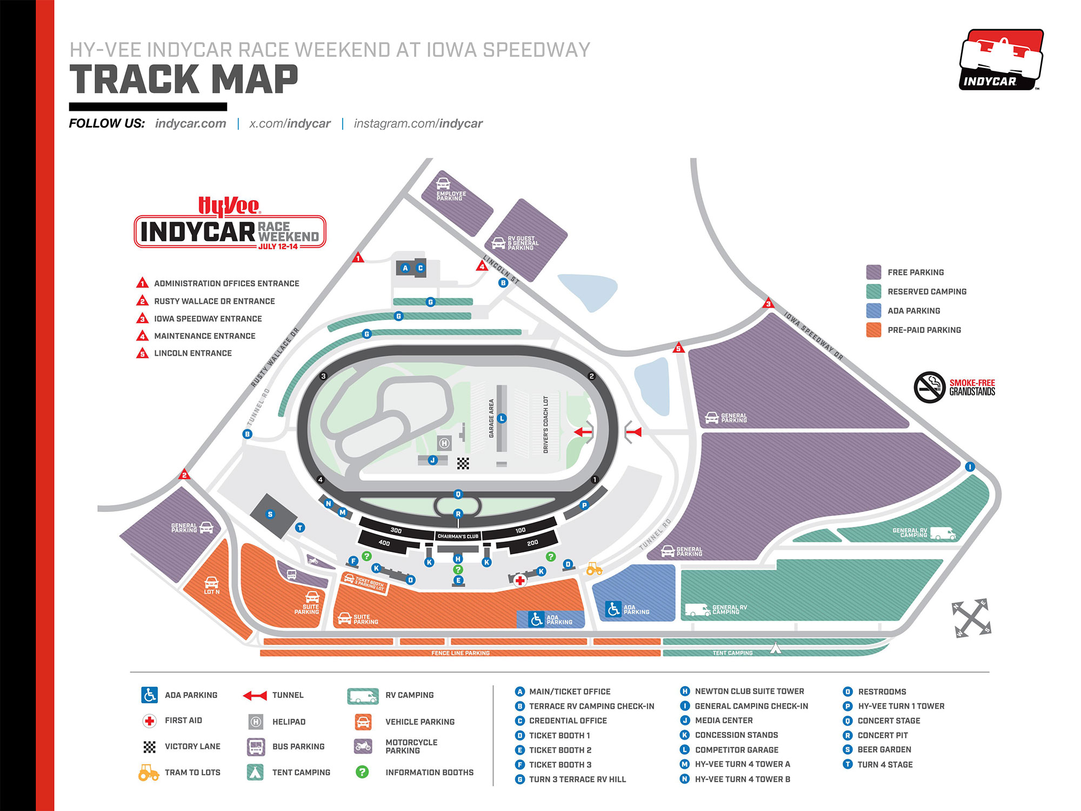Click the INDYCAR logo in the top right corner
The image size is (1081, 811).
[x=1001, y=60]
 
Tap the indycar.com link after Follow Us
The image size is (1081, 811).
[x=190, y=123]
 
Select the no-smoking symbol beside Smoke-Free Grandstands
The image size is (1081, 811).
[x=929, y=387]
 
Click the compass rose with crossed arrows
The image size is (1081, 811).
[x=971, y=618]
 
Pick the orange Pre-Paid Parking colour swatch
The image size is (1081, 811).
[x=873, y=330]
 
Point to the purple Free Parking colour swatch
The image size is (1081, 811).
[x=873, y=272]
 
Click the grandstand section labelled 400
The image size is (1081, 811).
[x=384, y=543]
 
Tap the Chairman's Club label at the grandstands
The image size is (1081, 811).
[x=458, y=536]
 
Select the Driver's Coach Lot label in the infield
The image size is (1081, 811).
[x=546, y=424]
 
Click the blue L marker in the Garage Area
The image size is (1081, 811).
[x=502, y=418]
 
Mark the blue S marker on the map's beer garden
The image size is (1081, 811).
[x=270, y=514]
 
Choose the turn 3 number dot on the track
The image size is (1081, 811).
[x=323, y=376]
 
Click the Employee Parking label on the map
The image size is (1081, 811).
[x=451, y=196]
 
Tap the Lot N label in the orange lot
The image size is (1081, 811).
[x=211, y=591]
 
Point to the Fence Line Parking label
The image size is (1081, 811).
[x=461, y=653]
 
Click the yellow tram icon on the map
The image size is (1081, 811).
[x=594, y=569]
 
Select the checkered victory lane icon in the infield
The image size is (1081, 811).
[x=463, y=463]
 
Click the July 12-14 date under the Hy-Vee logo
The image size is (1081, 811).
[x=278, y=247]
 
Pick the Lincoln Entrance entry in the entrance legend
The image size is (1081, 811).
[x=192, y=353]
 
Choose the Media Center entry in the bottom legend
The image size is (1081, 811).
[x=723, y=720]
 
